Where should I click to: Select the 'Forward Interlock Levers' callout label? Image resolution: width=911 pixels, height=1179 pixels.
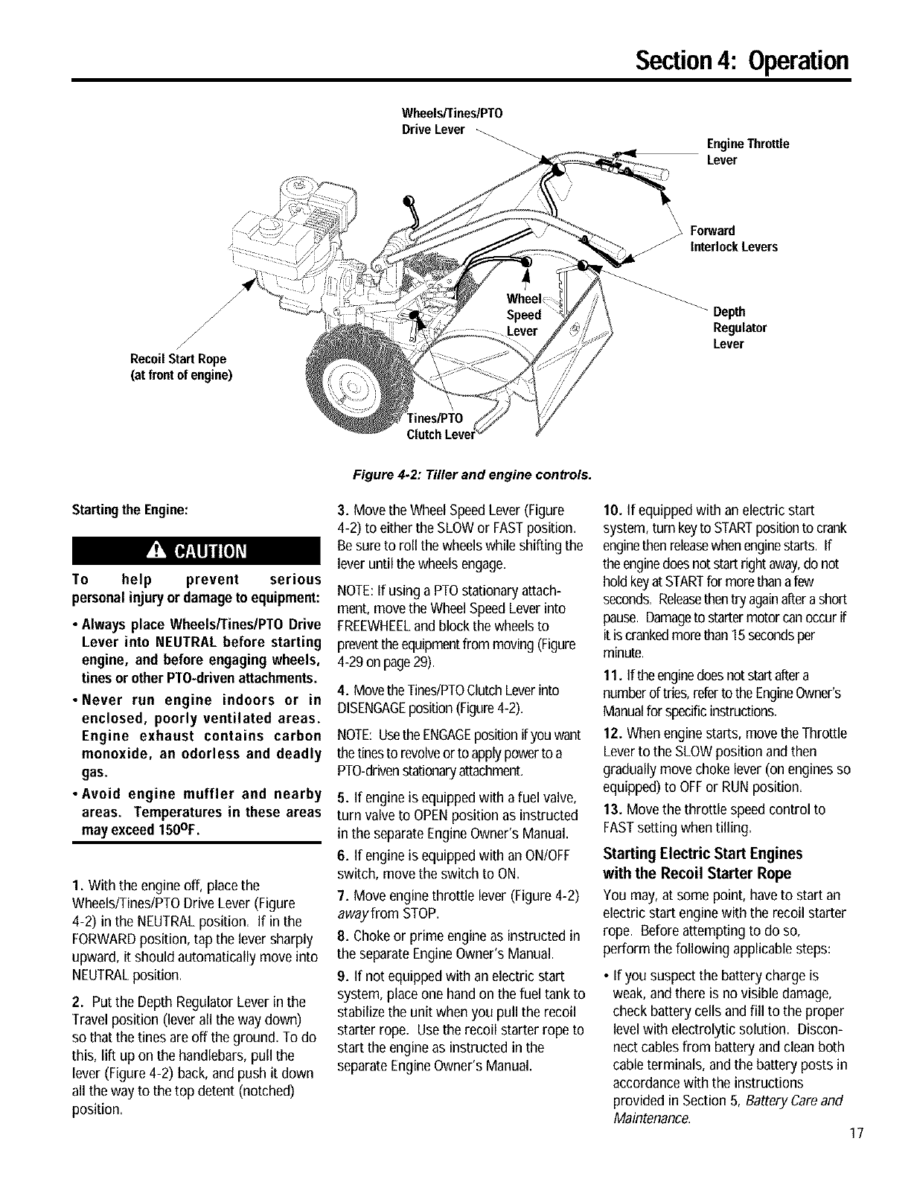(734, 238)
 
